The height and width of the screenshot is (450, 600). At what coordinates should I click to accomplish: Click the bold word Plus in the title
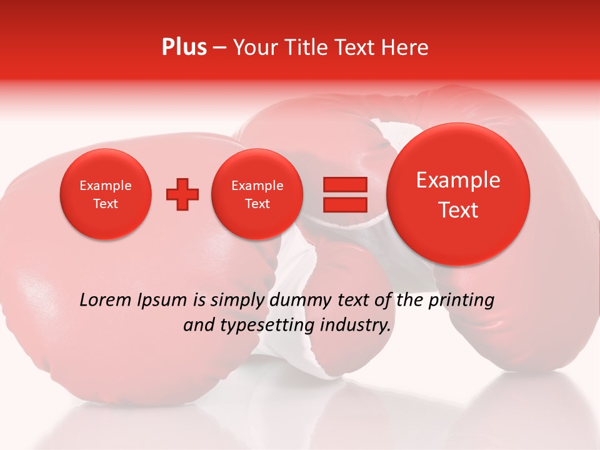coord(184,47)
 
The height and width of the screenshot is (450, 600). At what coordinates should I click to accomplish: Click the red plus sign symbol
coord(182,194)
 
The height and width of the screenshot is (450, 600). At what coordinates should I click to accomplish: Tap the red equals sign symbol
coord(345,194)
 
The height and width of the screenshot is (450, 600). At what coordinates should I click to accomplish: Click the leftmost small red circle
coord(105,194)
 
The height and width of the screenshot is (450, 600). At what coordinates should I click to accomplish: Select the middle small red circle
coord(257,194)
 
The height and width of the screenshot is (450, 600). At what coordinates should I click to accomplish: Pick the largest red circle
coord(458,194)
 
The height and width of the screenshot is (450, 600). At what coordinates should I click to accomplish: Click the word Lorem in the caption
coord(106,300)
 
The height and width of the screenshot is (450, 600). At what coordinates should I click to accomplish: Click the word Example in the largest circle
coord(458,180)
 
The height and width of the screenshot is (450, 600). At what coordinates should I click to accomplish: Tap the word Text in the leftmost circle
coord(105,204)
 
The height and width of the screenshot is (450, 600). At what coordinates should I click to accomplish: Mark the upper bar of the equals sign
coord(345,185)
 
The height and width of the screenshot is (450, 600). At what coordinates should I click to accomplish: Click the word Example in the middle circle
coord(257,186)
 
